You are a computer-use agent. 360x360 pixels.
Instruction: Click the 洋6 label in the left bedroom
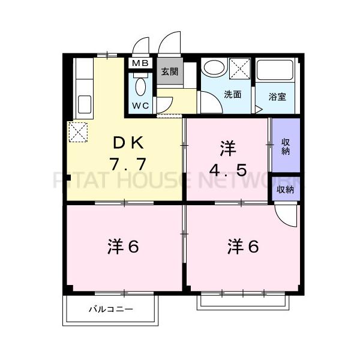click(124, 246)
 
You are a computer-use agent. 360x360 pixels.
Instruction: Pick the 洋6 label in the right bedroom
click(243, 246)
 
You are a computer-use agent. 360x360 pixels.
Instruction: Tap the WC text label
click(141, 106)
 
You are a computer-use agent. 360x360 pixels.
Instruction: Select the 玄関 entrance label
click(169, 71)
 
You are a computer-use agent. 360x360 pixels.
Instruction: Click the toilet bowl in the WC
click(141, 86)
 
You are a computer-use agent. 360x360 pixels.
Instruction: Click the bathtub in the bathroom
click(275, 73)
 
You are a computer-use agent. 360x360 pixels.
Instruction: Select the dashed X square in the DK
click(79, 133)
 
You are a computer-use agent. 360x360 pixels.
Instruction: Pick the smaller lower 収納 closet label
click(286, 190)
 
